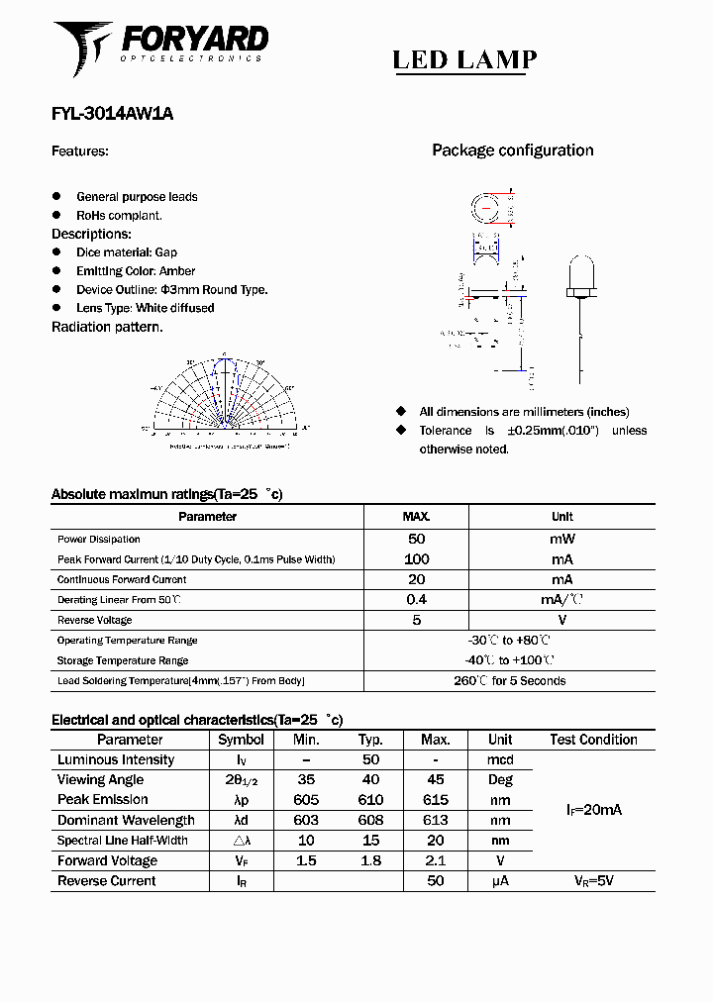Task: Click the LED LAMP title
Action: coord(464,60)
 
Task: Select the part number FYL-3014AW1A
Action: coord(112,114)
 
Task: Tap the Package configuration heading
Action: coord(512,150)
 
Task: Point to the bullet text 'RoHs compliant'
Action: coord(119,215)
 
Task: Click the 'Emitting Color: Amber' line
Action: coord(136,271)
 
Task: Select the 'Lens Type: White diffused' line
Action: coord(145,308)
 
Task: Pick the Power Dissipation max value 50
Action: coord(416,539)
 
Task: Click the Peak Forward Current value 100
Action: coord(416,559)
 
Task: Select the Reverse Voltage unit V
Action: coord(561,620)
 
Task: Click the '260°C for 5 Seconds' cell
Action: coord(509,680)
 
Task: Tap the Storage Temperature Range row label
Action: coord(123,660)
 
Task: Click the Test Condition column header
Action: coord(593,740)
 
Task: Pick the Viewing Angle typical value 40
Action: coord(370,780)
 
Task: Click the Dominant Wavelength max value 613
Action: coord(435,820)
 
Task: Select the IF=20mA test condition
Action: coord(593,810)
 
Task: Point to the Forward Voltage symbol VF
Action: coord(241,861)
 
